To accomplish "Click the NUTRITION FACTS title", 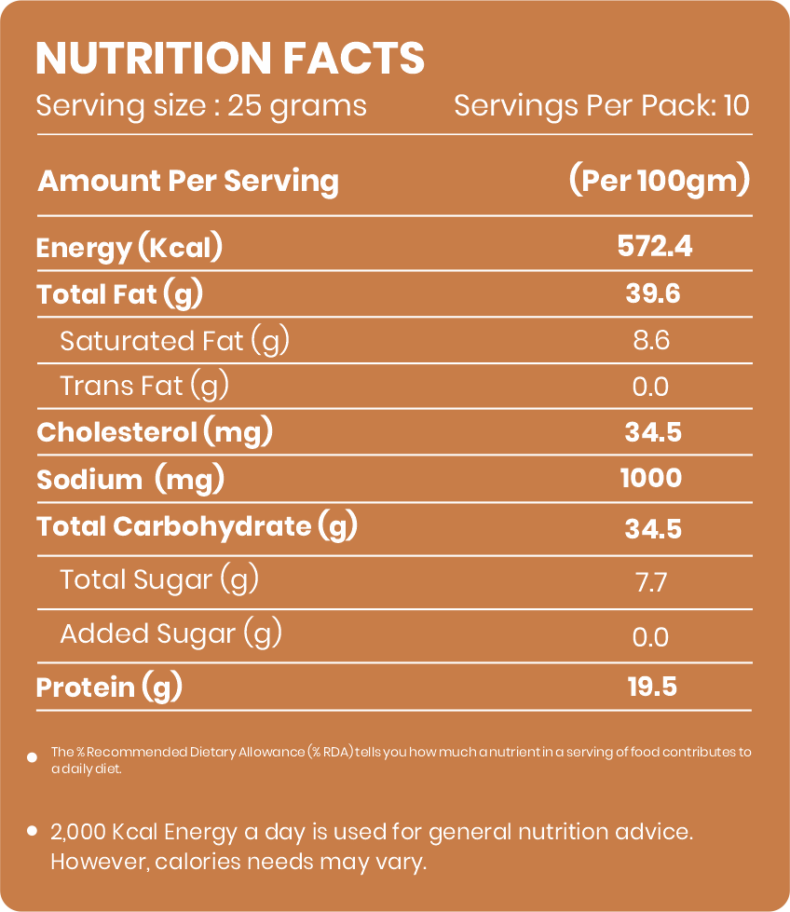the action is click(x=230, y=58).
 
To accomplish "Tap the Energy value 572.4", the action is click(x=655, y=246).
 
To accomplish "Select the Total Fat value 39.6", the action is click(x=653, y=293).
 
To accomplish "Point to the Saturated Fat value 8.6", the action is click(x=651, y=340).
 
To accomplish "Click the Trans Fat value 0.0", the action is click(x=650, y=387).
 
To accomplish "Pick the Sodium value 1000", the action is click(x=651, y=478).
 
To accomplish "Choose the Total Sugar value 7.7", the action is click(x=651, y=582).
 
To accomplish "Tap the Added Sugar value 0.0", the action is click(x=650, y=637).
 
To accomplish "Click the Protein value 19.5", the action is click(x=652, y=687).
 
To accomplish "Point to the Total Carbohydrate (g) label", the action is click(x=197, y=527).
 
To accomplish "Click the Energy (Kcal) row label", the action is click(x=129, y=248).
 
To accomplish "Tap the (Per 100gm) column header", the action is click(x=659, y=181).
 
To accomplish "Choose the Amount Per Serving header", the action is click(x=188, y=181).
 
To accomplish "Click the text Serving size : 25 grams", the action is click(x=201, y=107).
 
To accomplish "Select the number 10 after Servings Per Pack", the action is click(x=737, y=106).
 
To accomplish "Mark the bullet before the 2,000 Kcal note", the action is click(x=33, y=831).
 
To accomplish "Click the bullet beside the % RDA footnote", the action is click(x=33, y=757).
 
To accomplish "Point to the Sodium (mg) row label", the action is click(x=130, y=480).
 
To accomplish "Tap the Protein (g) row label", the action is click(x=109, y=687).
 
